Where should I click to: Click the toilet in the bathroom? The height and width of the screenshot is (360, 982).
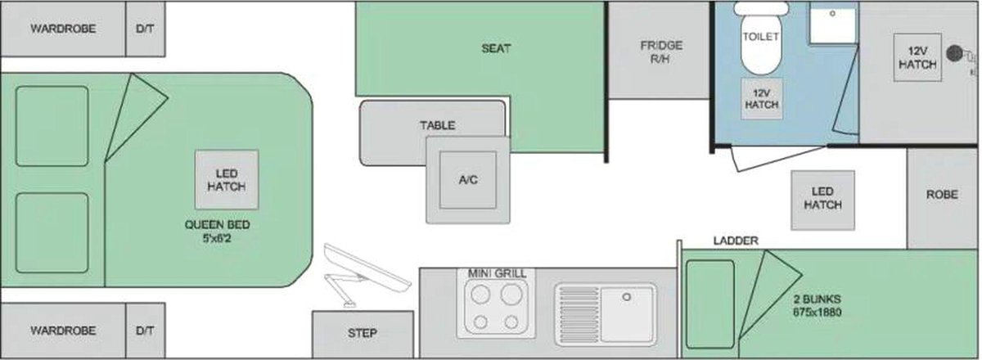point(760,39)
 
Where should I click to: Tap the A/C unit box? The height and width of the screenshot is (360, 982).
point(468,180)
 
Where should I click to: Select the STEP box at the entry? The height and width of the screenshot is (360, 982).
point(363,334)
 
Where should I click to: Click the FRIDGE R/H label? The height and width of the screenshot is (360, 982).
point(661,52)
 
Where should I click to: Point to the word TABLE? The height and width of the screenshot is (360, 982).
point(438,125)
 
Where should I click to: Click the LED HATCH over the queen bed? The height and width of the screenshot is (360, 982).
point(227,180)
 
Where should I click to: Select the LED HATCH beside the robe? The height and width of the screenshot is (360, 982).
point(822,200)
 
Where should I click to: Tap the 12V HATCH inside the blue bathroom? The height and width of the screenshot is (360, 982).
point(762,99)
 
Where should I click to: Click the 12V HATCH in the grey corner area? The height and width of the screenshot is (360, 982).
point(917,57)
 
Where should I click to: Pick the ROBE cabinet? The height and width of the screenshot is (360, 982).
point(942,198)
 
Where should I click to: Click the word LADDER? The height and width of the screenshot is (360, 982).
point(736,241)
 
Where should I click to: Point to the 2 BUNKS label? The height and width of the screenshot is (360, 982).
point(818,306)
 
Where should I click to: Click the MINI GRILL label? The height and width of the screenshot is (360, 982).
point(498,273)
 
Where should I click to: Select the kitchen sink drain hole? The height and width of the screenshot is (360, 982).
point(627,297)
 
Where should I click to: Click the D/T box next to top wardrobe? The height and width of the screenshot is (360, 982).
point(145,29)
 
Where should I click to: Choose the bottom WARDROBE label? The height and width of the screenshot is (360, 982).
point(63,331)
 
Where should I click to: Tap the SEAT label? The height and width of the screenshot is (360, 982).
point(496,48)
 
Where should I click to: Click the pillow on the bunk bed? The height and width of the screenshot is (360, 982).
point(709,304)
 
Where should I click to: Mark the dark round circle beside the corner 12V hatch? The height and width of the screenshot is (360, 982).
point(954,53)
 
